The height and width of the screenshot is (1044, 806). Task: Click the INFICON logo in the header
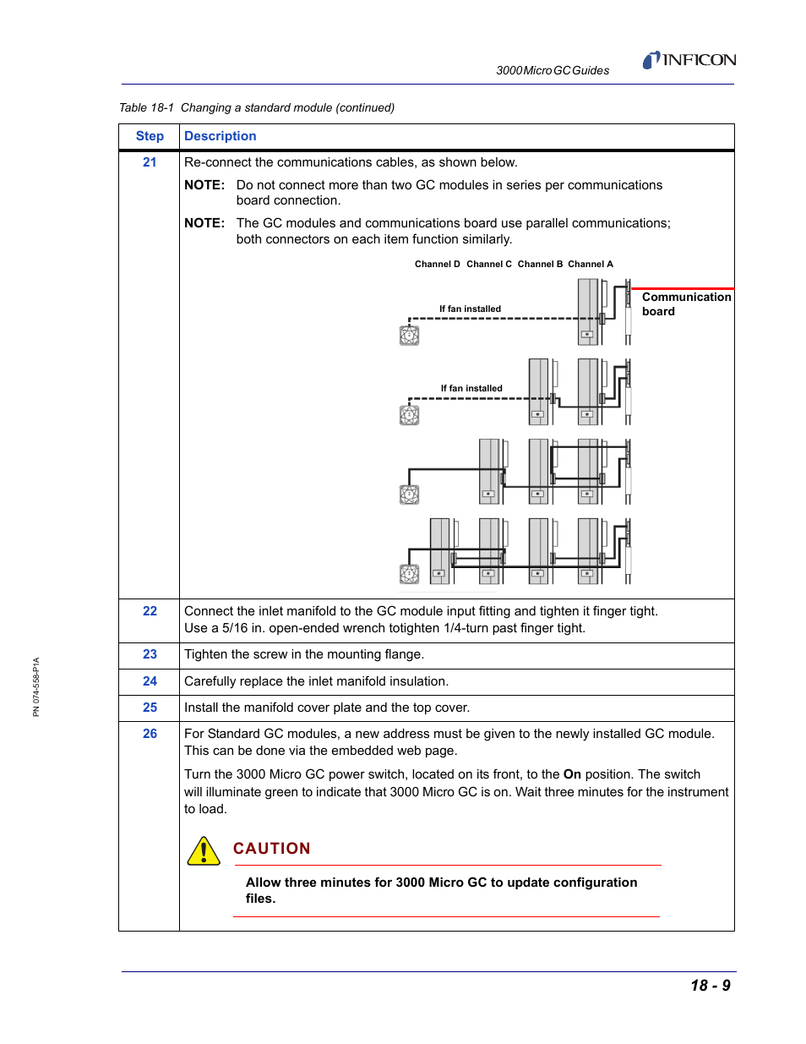tap(689, 60)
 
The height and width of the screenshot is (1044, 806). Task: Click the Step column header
tap(150, 136)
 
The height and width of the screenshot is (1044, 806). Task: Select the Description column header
tap(220, 136)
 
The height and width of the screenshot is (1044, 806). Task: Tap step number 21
tap(150, 162)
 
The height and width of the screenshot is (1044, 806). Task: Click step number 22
tap(150, 611)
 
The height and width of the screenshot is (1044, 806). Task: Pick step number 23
tap(150, 654)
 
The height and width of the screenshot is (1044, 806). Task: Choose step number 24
tap(150, 681)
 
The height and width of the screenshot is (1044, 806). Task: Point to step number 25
tap(150, 708)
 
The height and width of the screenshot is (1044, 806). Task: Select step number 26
tap(150, 734)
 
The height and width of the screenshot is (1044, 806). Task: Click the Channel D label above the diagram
tap(437, 265)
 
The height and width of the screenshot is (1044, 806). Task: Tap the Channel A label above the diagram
tap(590, 265)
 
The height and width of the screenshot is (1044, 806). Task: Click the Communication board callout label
tap(685, 304)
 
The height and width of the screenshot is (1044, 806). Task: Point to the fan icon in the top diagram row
tap(409, 336)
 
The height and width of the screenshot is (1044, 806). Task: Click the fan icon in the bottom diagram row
tap(409, 575)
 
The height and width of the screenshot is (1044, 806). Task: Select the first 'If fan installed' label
tap(470, 309)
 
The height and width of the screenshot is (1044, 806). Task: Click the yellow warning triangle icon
tap(204, 851)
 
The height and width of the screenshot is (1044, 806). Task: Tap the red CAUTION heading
tap(271, 849)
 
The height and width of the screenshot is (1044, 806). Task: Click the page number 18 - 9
tap(710, 986)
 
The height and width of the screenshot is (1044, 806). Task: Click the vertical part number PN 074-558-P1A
tap(36, 686)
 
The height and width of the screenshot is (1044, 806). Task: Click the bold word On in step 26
tap(572, 774)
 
